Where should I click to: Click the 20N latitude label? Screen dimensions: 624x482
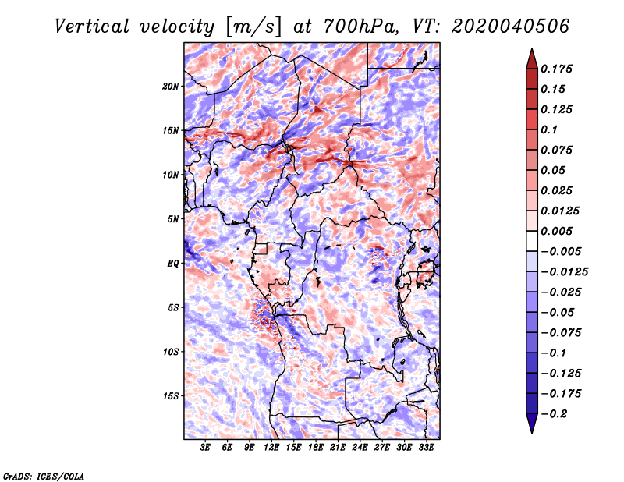171,87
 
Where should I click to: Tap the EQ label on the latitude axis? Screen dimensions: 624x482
172,264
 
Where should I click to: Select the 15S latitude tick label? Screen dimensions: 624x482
171,396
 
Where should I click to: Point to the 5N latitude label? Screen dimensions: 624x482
173,219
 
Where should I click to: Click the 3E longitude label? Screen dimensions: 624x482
205,448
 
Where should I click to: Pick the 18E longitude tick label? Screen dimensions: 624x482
316,448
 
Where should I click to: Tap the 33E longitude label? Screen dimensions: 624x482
426,448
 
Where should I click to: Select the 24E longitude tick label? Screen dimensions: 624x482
360,448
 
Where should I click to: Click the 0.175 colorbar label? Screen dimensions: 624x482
556,69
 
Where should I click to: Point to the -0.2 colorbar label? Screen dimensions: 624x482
554,414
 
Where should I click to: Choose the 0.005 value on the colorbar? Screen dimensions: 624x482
556,231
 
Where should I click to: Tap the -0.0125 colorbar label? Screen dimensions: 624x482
564,272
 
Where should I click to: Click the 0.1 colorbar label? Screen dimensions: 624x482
549,129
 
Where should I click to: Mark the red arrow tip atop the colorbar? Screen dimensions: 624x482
532,48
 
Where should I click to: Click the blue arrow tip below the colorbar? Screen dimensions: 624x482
532,433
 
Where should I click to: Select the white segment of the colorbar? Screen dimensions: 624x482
532,241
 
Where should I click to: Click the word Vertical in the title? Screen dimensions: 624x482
92,27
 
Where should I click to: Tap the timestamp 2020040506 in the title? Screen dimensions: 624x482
510,27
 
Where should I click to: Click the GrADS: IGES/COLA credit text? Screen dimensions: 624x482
44,476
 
